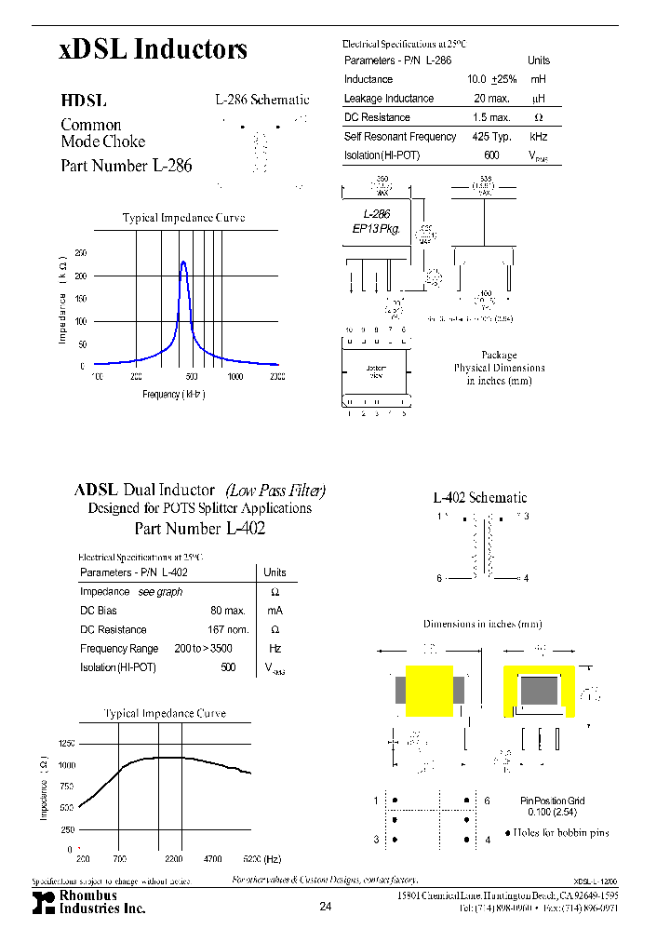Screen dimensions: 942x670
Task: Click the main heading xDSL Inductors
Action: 154,50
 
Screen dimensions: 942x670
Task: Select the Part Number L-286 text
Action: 127,166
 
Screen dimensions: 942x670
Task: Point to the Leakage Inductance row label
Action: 389,99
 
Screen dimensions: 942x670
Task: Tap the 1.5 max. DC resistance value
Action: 491,118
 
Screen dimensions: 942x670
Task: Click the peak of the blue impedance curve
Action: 183,262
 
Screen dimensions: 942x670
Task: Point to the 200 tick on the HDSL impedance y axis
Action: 80,276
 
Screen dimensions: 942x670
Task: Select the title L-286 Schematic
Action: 261,100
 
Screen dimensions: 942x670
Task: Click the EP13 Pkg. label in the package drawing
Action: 377,228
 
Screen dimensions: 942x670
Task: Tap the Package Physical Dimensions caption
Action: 499,368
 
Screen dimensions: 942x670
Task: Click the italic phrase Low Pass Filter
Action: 276,491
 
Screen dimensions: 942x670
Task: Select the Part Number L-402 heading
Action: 200,529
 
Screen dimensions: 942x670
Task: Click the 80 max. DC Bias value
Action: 227,611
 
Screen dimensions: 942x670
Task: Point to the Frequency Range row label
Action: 119,649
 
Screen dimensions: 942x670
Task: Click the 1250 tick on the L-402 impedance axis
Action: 66,744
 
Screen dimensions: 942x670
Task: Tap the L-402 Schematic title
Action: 479,498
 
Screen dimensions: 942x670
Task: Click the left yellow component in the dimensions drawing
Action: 430,691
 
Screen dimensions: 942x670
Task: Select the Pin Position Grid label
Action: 553,801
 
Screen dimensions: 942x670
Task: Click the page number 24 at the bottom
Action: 325,907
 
